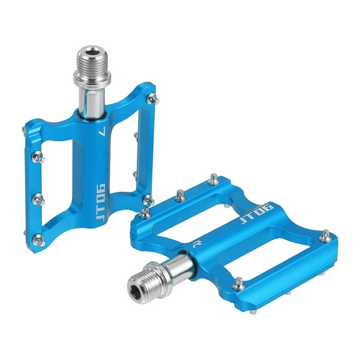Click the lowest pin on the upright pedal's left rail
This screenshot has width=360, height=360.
click(x=38, y=237)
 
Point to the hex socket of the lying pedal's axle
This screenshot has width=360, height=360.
click(x=138, y=288)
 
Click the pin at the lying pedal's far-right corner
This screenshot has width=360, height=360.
click(x=325, y=236)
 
